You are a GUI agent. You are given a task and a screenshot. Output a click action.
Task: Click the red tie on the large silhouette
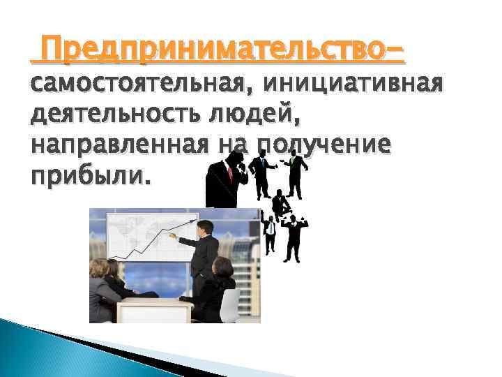229,171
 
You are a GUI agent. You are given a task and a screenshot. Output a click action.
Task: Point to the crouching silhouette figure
280,204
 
